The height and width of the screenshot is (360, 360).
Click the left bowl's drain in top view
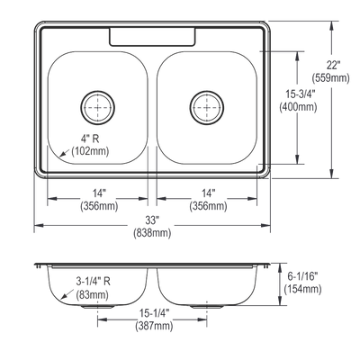pyautogui.click(x=98, y=107)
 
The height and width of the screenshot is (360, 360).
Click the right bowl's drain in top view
pyautogui.click(x=207, y=107)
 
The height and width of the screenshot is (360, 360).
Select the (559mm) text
pyautogui.click(x=330, y=78)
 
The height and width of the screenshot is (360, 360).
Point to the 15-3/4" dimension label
pyautogui.click(x=298, y=94)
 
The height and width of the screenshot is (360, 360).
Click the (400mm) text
pyautogui.click(x=298, y=107)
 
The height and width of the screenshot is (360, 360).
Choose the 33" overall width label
pyautogui.click(x=151, y=220)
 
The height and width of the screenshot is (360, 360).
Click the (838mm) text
pyautogui.click(x=152, y=233)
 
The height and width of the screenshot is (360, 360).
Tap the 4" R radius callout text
pyautogui.click(x=90, y=139)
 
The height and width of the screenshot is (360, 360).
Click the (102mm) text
pyautogui.click(x=90, y=151)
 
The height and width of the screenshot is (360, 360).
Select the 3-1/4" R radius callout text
pyautogui.click(x=93, y=282)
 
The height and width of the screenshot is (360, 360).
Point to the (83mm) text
pyautogui.click(x=92, y=294)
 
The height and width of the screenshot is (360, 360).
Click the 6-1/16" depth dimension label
pyautogui.click(x=302, y=276)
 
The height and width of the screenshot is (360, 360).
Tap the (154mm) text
pyautogui.click(x=302, y=289)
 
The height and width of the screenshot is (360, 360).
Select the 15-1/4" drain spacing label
pyautogui.click(x=154, y=313)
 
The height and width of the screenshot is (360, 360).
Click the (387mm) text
pyautogui.click(x=154, y=326)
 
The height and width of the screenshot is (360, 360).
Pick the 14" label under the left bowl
pyautogui.click(x=99, y=193)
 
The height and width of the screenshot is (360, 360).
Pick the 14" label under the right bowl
pyautogui.click(x=208, y=193)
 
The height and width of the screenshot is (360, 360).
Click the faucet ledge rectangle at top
pyautogui.click(x=152, y=37)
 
